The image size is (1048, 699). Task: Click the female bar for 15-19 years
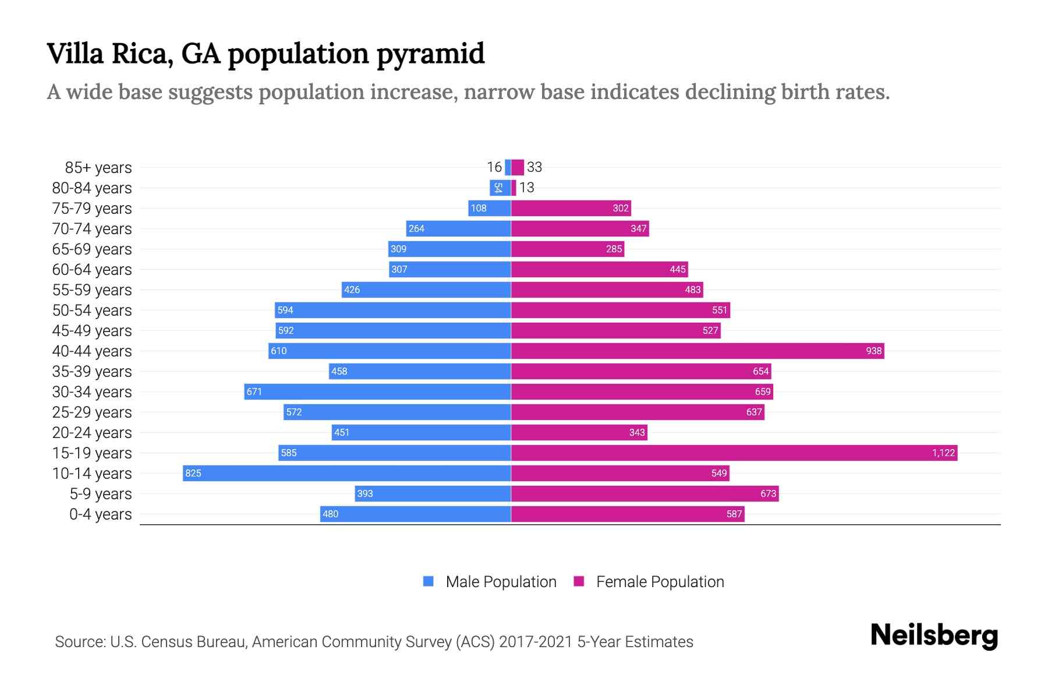(734, 453)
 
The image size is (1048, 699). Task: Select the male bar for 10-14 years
(346, 473)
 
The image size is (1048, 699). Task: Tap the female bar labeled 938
(698, 351)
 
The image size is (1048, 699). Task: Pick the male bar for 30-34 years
(377, 391)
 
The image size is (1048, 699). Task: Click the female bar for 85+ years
(518, 167)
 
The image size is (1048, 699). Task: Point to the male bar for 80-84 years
(500, 188)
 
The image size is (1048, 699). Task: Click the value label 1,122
(943, 453)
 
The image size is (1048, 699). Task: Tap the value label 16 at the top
(494, 167)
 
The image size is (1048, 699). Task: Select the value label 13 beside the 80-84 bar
(526, 188)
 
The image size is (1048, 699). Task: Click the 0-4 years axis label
(100, 514)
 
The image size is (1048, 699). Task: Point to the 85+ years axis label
(98, 168)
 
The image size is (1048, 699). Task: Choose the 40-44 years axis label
(92, 351)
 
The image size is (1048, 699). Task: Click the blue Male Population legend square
(429, 581)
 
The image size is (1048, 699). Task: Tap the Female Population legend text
(660, 581)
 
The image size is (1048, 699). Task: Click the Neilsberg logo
(934, 636)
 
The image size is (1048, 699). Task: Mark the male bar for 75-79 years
(489, 208)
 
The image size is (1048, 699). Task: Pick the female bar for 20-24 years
(579, 432)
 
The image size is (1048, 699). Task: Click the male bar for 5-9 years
(433, 493)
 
